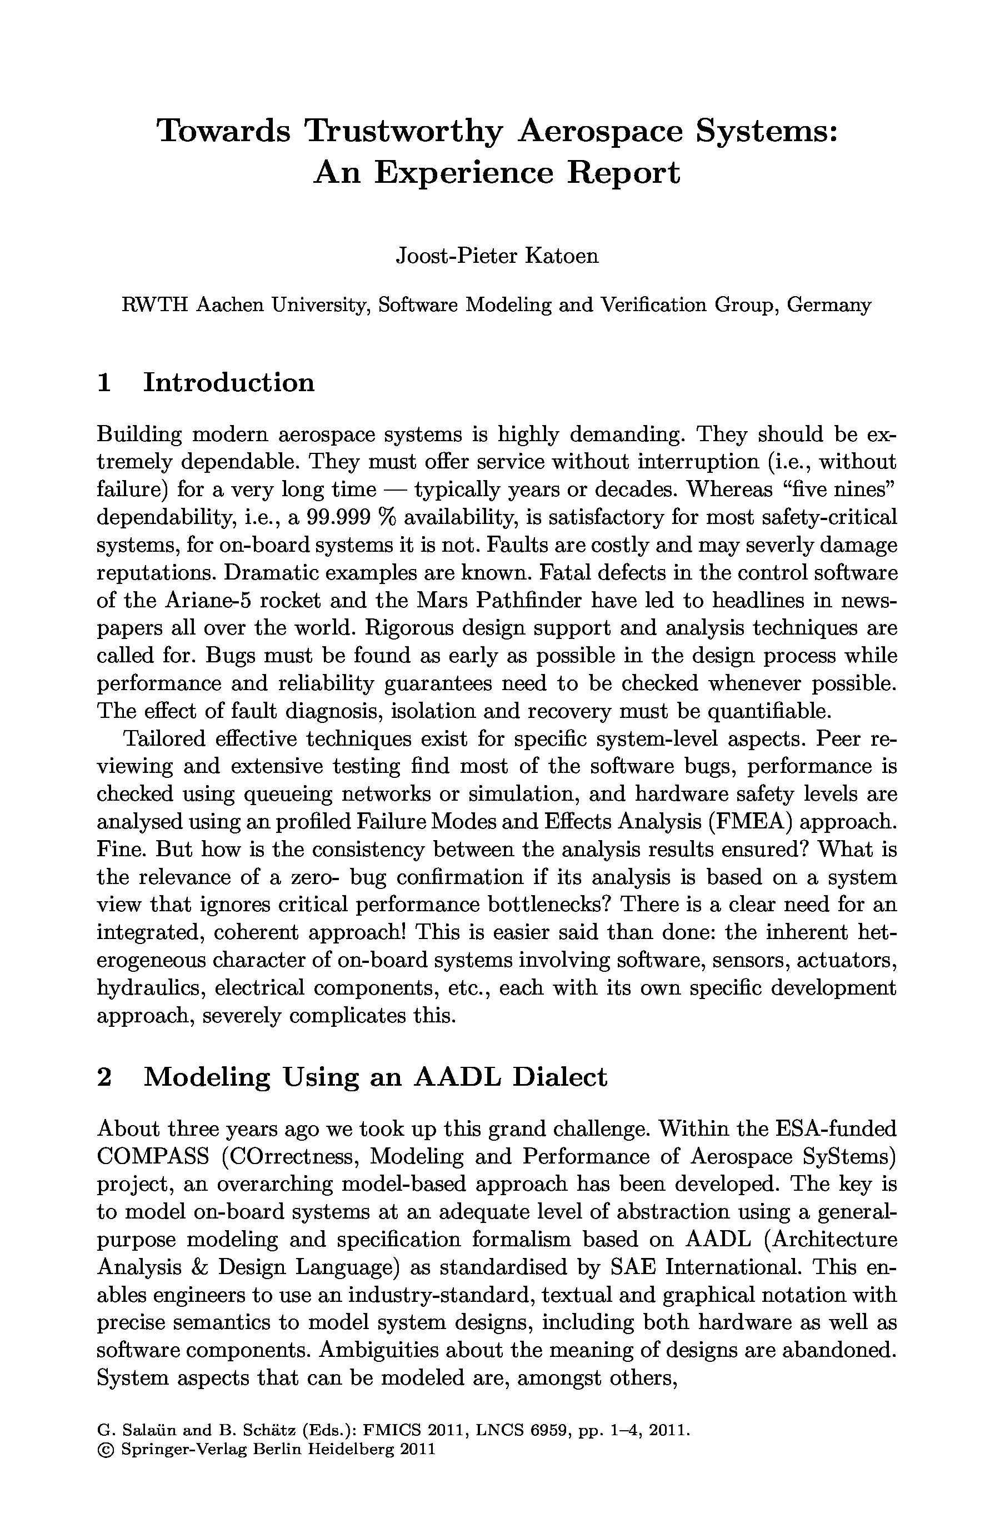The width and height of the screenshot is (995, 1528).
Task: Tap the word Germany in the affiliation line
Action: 829,305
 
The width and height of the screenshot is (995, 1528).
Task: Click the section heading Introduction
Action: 228,383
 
